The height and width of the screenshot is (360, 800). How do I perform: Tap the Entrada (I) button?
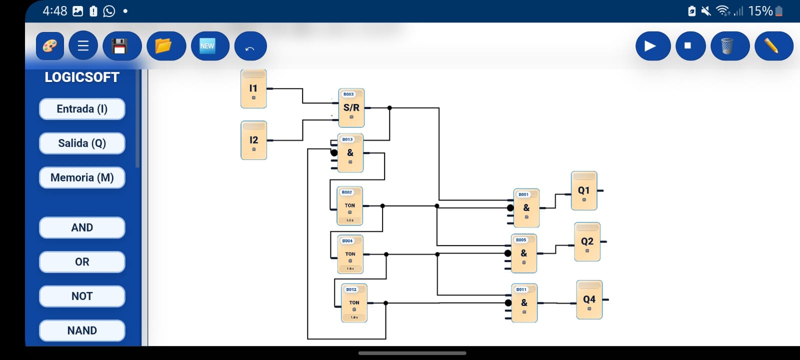pos(82,109)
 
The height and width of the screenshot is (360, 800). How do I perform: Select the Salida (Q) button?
pos(82,143)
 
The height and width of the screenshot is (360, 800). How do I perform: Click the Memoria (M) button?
pos(82,178)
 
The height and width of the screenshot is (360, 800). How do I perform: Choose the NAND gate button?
pos(82,330)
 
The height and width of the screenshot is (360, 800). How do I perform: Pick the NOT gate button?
pos(82,296)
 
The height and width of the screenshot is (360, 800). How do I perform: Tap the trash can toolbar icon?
pos(727,46)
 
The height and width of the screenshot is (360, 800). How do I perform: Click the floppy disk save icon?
pos(119,46)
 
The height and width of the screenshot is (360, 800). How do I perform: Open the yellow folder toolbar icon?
pos(163,46)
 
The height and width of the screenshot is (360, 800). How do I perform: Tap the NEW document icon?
pos(207,46)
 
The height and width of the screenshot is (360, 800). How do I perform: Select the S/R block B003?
pos(351,108)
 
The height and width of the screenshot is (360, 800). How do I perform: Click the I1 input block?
pos(253,89)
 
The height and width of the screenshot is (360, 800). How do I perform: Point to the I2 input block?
pos(253,140)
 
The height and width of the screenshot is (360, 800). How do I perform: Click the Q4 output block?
pos(589,299)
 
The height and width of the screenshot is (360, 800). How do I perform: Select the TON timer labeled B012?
pos(354,303)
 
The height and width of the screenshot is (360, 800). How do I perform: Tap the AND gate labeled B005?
pos(524,253)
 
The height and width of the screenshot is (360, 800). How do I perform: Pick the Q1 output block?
pos(583,190)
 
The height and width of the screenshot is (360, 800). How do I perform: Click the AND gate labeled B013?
pos(350,153)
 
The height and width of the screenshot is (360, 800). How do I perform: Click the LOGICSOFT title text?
pos(82,77)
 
